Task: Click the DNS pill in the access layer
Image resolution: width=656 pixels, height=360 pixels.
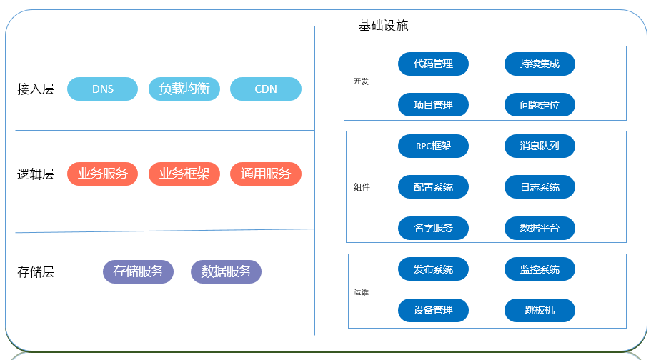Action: coord(102,89)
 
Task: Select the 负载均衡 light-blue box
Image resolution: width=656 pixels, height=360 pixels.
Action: coord(184,89)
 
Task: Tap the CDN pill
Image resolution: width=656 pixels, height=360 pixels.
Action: coord(266,89)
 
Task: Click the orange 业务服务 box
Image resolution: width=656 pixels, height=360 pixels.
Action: coord(102,174)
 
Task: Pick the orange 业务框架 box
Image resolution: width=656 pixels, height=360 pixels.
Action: coord(184,174)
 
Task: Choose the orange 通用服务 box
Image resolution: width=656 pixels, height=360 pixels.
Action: coord(266,174)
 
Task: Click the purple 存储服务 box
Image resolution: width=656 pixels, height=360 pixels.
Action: coord(138,271)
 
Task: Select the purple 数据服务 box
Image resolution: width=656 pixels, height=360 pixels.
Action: coord(226,271)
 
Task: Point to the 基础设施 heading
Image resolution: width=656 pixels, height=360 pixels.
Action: coord(383,26)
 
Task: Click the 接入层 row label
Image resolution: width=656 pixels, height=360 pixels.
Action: coord(36,89)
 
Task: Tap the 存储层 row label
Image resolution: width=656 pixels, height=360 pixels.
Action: coord(36,271)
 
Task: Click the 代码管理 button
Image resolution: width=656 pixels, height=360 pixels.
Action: coord(433,64)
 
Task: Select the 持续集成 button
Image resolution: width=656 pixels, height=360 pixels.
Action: coord(540,64)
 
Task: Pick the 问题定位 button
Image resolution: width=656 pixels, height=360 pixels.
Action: coord(540,105)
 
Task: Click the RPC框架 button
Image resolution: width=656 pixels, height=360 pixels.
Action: coord(433,146)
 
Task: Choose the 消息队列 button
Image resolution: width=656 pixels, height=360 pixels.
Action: coord(540,146)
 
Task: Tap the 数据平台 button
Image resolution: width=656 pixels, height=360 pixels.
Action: coord(540,229)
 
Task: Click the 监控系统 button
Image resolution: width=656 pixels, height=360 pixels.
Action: coord(540,269)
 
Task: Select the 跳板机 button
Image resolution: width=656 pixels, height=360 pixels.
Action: coord(540,311)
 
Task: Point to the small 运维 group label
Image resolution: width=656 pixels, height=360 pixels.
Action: coord(361,292)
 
